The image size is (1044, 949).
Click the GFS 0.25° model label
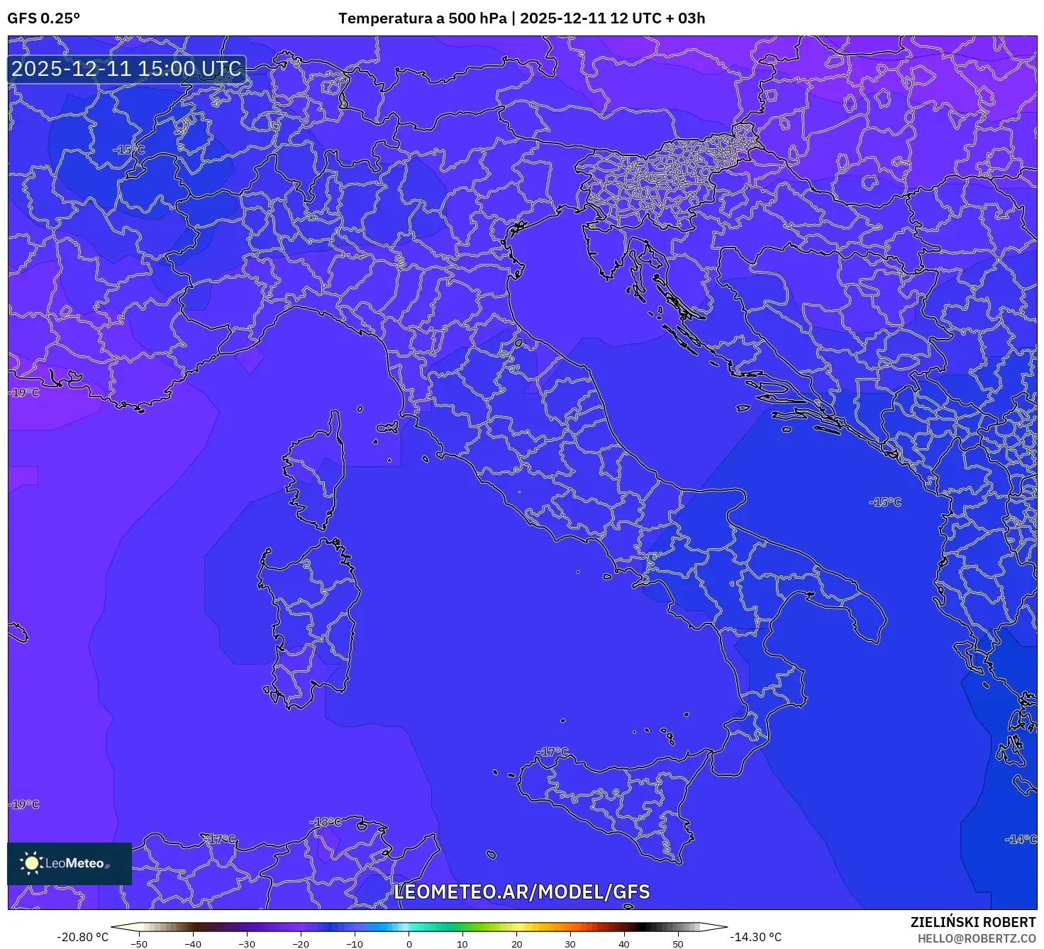[x=44, y=18]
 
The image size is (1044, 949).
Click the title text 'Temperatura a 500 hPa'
[x=423, y=18]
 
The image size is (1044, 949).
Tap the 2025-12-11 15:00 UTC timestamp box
[x=127, y=69]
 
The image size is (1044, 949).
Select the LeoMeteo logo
[x=69, y=863]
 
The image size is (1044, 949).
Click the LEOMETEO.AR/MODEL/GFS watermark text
[x=521, y=892]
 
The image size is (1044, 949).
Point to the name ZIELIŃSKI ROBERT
[x=973, y=922]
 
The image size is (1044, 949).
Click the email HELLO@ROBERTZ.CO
[x=977, y=938]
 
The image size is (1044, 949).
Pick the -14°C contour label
[x=1021, y=839]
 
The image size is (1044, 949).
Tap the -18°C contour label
[x=325, y=822]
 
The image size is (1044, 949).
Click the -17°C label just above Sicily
[x=553, y=752]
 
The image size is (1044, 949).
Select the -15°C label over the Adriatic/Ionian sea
[x=885, y=502]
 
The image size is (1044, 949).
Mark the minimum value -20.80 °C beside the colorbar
[x=83, y=937]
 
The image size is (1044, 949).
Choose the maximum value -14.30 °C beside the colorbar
[x=756, y=937]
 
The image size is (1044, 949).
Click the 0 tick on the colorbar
[x=409, y=944]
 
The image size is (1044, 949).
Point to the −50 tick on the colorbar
[x=139, y=944]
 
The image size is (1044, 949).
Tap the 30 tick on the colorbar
[x=570, y=944]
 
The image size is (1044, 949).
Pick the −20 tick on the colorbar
[x=301, y=944]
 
